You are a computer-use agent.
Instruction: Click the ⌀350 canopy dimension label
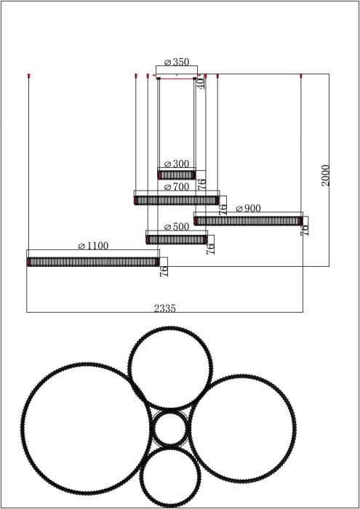pos(177,63)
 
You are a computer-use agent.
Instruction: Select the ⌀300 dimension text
pos(177,164)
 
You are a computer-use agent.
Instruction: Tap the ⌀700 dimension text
pos(177,188)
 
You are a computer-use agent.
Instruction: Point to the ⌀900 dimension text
pos(248,209)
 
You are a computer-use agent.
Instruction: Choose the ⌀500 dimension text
pos(177,227)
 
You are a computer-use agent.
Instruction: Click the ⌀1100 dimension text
pos(93,246)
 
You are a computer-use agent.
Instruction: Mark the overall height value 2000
pos(325,175)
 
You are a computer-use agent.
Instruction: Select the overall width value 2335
pos(164,308)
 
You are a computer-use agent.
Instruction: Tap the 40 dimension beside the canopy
pos(201,84)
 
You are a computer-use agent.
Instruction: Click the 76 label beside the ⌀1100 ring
pos(164,271)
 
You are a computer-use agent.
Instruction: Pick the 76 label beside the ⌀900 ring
pos(305,229)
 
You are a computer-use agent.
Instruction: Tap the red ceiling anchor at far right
pos(301,75)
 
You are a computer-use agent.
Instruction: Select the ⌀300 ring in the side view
pos(177,175)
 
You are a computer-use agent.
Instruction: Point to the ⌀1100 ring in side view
pos(93,261)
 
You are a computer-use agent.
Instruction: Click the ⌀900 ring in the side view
pos(248,220)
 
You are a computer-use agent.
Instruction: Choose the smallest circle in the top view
pos(170,429)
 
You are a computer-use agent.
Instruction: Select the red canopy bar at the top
pos(177,77)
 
